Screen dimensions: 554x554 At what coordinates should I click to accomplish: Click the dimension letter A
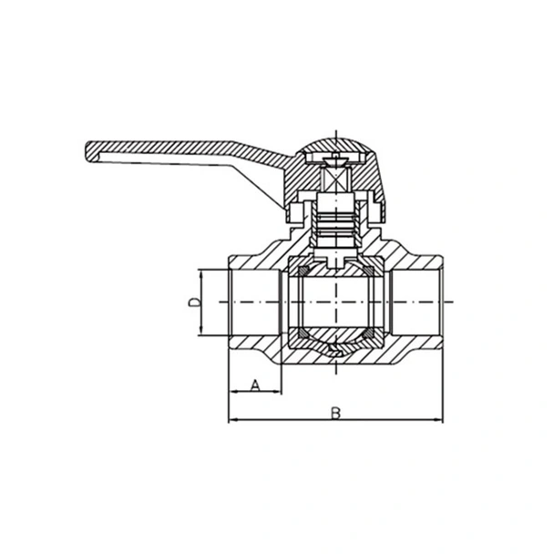click(254, 385)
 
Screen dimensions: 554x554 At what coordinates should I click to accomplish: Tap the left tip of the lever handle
click(88, 147)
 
